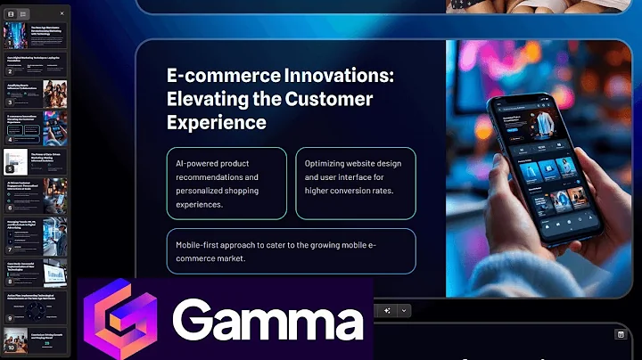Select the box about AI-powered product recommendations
pyautogui.click(x=226, y=183)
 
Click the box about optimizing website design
pyautogui.click(x=355, y=183)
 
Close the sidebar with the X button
pyautogui.click(x=62, y=14)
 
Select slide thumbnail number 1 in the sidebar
pyautogui.click(x=36, y=36)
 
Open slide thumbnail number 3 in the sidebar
pyautogui.click(x=36, y=92)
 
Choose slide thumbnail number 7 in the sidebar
pyautogui.click(x=36, y=230)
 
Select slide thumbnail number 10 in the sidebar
pyautogui.click(x=36, y=341)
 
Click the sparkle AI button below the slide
pyautogui.click(x=388, y=310)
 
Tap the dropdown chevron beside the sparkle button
pyautogui.click(x=404, y=310)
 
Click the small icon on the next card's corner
pyautogui.click(x=621, y=334)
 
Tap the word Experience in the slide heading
pyautogui.click(x=217, y=121)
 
